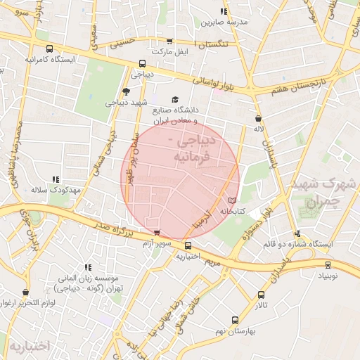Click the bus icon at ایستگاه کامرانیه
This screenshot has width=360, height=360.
[x=49, y=49]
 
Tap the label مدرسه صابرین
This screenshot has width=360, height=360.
[x=225, y=22]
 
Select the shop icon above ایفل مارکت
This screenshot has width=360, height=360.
[x=169, y=41]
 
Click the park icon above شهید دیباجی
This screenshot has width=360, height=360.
[x=126, y=91]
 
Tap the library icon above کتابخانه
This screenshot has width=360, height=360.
[x=233, y=200]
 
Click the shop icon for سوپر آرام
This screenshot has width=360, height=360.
[x=156, y=233]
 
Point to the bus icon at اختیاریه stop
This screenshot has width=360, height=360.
[x=188, y=245]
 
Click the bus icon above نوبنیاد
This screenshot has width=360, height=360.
[x=328, y=265]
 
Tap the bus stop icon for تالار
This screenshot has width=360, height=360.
[x=262, y=295]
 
